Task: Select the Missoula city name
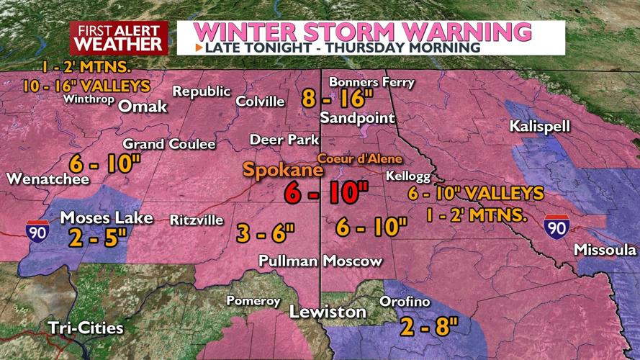click(x=605, y=250)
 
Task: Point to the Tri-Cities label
click(x=84, y=328)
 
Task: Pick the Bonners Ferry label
click(x=371, y=82)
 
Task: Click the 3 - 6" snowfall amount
click(x=266, y=233)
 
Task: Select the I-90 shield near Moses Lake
click(x=38, y=232)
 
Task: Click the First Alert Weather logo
click(x=119, y=37)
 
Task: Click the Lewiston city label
click(x=328, y=312)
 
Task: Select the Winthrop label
click(x=88, y=99)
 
